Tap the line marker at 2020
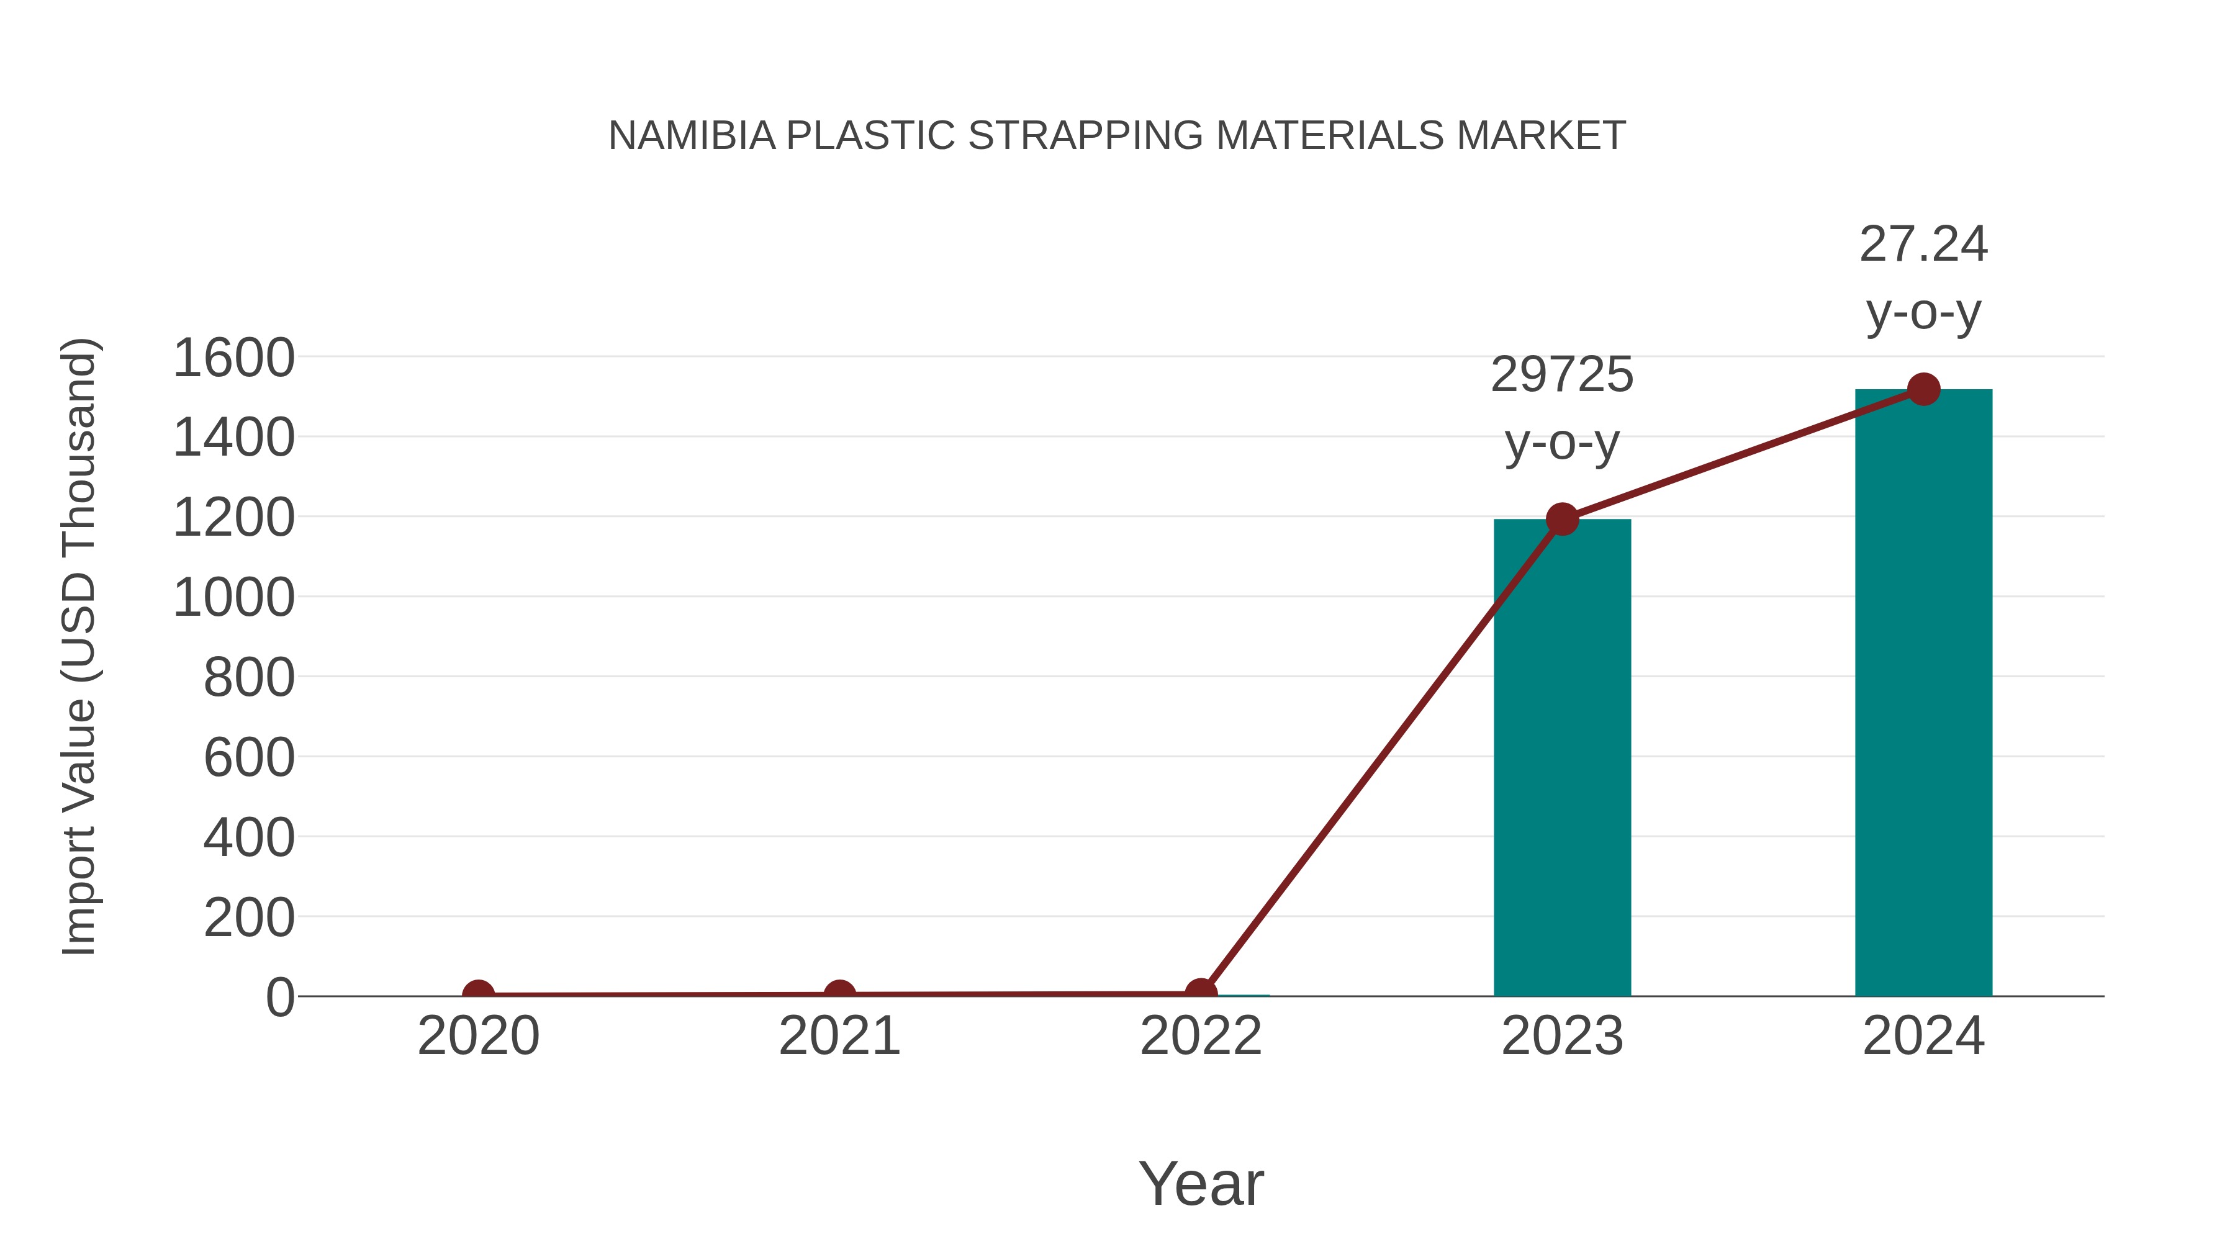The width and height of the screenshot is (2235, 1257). tap(478, 994)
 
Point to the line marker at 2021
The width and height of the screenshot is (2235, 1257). tap(839, 994)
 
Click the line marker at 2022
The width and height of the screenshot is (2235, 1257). tap(1201, 993)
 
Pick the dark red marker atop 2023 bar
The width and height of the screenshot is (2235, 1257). tap(1562, 520)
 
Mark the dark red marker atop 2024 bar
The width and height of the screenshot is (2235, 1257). tap(1923, 389)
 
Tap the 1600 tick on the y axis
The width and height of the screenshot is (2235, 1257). tap(233, 358)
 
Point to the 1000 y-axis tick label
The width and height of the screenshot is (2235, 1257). tap(233, 598)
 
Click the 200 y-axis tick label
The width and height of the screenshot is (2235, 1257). tap(249, 918)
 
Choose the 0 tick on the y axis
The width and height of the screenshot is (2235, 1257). tap(279, 998)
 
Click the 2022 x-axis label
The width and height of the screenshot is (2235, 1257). tap(1201, 1036)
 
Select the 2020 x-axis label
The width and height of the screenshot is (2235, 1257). tap(478, 1036)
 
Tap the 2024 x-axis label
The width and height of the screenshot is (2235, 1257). tap(1923, 1036)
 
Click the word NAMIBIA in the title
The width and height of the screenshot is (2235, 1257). tap(692, 136)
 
